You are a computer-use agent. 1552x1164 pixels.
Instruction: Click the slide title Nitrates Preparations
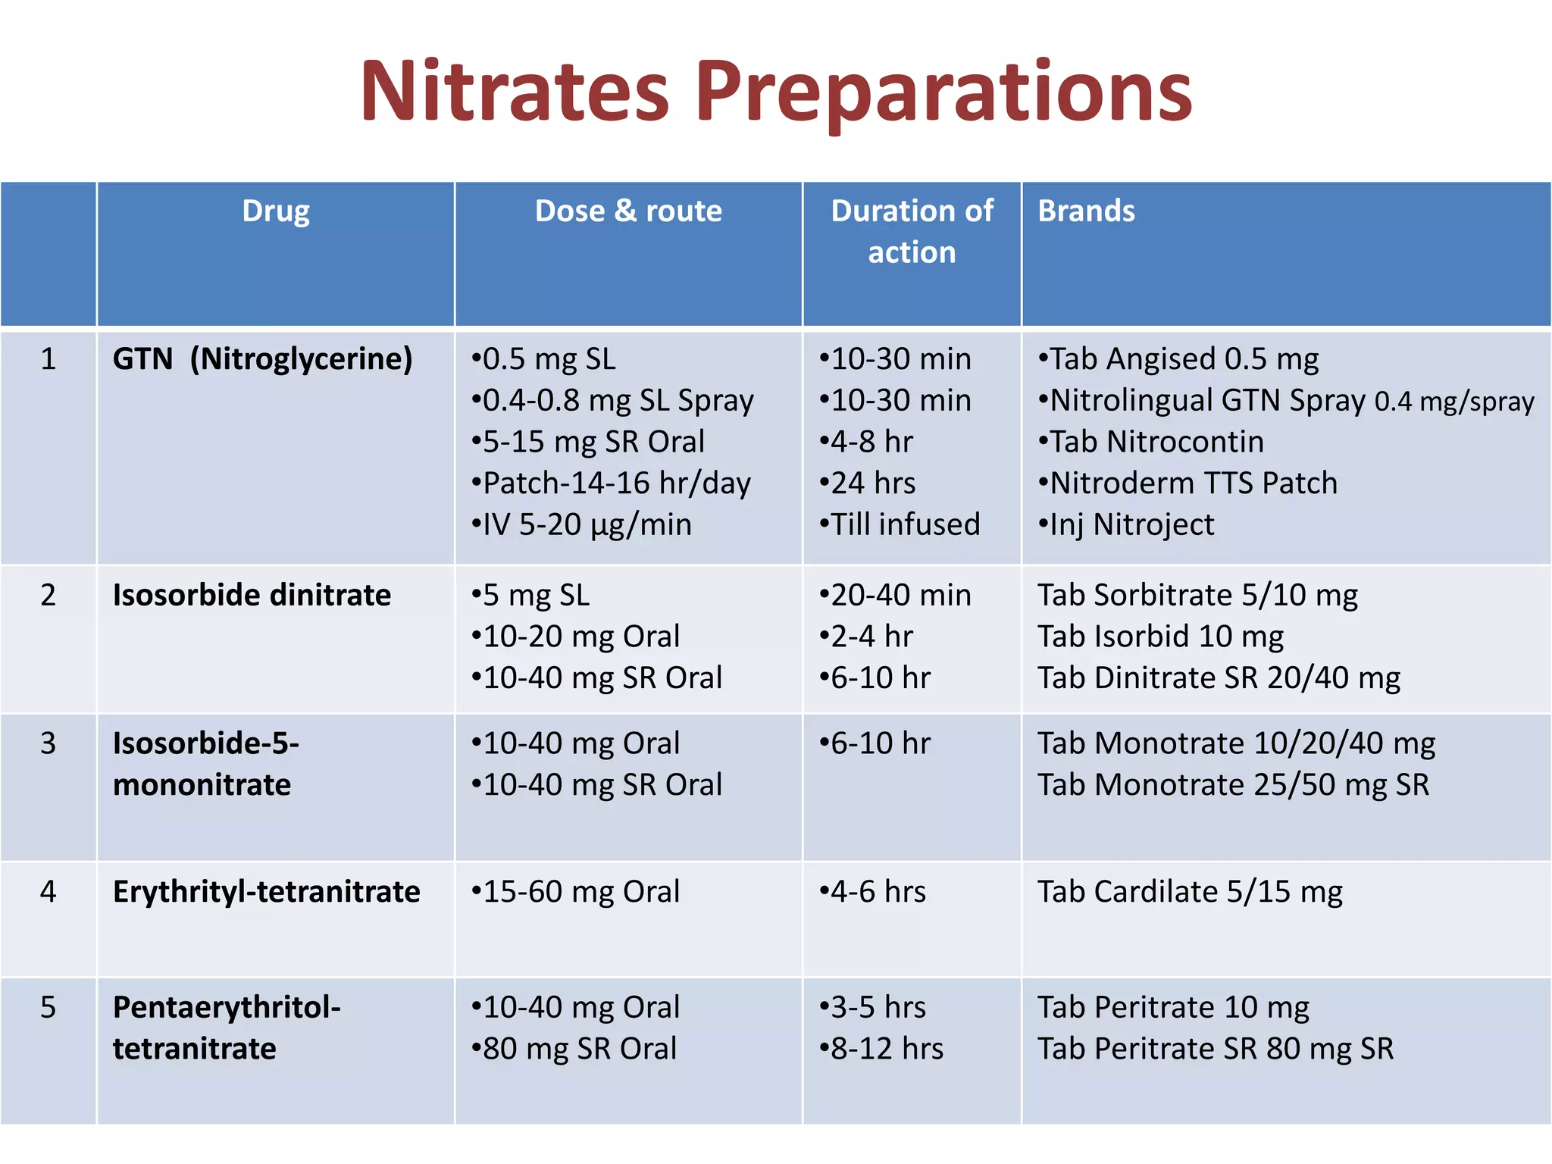tap(776, 92)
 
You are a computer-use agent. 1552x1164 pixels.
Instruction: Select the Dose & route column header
tap(628, 211)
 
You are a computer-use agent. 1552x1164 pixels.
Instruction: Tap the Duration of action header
tap(912, 231)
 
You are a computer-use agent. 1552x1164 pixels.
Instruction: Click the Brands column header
tap(1086, 211)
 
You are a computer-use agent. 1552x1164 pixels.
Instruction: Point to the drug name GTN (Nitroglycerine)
tap(262, 358)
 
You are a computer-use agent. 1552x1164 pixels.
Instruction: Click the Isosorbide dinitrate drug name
tap(252, 595)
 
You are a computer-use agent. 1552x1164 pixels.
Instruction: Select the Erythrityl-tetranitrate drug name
tap(266, 891)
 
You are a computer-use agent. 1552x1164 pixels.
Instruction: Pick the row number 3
tap(48, 743)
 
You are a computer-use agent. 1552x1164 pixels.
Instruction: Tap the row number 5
tap(48, 1007)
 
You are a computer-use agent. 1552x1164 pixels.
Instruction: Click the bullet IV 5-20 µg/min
tap(582, 524)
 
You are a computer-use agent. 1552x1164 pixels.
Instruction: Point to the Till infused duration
tap(900, 524)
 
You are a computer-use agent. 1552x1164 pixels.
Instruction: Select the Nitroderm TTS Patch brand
tap(1188, 483)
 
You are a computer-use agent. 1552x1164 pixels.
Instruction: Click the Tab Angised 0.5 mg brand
tap(1179, 359)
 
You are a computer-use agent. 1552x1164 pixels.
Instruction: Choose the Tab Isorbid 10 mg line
tap(1160, 637)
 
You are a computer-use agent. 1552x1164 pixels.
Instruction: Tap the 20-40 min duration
tap(896, 595)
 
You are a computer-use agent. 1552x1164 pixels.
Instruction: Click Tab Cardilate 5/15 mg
tap(1190, 892)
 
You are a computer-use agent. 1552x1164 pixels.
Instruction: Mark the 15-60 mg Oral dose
tap(576, 892)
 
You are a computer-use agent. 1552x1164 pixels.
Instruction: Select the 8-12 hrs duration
tap(882, 1049)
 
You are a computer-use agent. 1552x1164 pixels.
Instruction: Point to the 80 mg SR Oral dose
tap(574, 1049)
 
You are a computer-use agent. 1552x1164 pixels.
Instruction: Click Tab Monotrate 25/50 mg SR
tap(1233, 785)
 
